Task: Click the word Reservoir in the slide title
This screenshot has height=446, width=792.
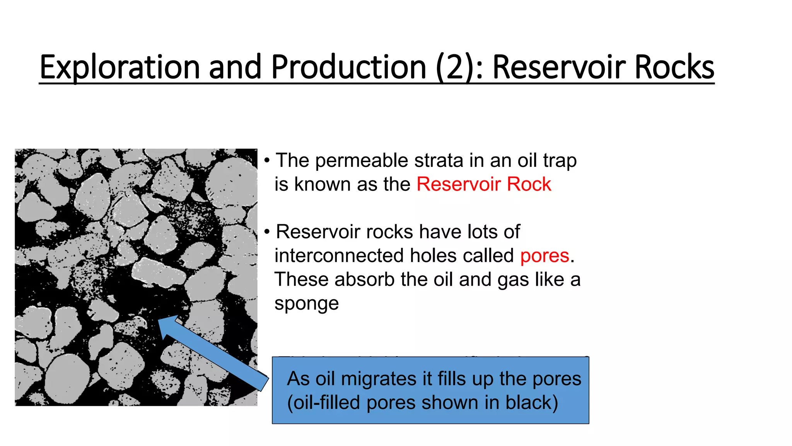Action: tap(558, 67)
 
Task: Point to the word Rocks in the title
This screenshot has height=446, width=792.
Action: tap(674, 67)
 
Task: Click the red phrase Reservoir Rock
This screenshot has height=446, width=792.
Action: tap(483, 184)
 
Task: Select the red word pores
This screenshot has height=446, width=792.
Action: tap(544, 256)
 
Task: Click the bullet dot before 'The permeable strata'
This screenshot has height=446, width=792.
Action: tap(267, 161)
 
